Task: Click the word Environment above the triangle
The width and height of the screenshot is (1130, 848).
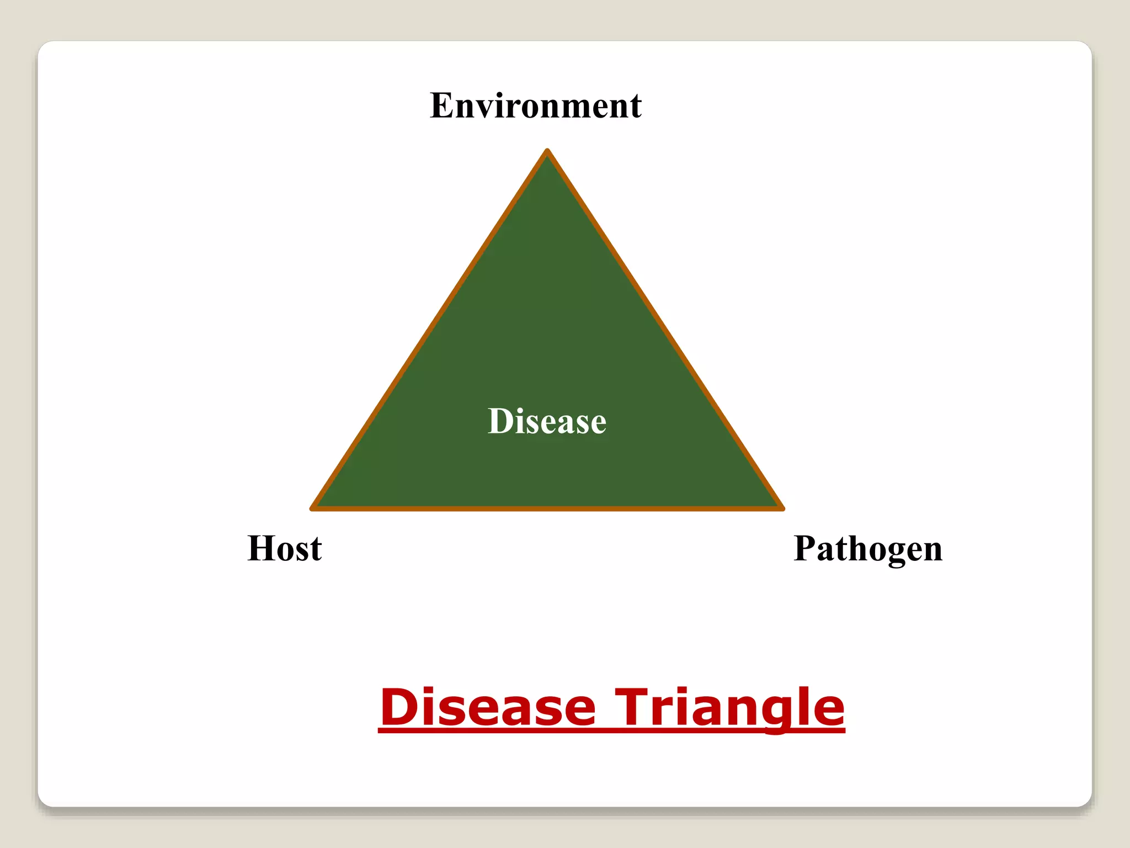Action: click(535, 105)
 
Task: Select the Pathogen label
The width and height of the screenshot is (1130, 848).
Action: click(867, 549)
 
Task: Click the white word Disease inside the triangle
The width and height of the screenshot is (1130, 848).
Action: click(547, 421)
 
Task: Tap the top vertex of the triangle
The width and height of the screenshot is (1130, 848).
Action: click(547, 152)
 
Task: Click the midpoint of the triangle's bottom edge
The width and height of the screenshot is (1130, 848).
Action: click(547, 508)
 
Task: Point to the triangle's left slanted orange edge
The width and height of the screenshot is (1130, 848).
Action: click(429, 330)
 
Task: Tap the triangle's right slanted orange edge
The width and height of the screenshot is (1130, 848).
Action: click(665, 330)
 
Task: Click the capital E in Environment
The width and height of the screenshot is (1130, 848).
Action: click(441, 105)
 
